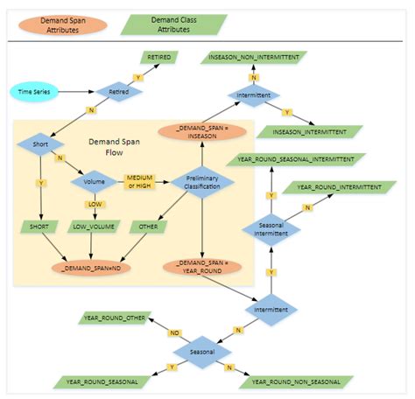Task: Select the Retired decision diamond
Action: (118, 90)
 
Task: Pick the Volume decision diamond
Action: (94, 184)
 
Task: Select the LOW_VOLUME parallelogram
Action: (94, 226)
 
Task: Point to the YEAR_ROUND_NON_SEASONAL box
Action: (296, 381)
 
